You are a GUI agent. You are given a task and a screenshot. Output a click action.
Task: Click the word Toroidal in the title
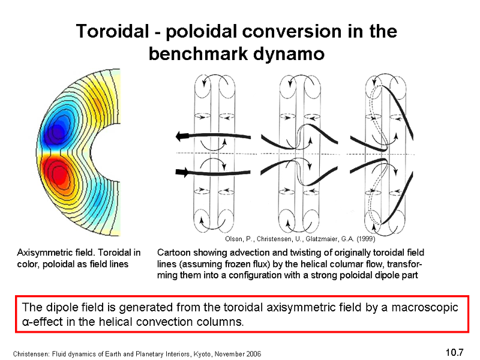[112, 31]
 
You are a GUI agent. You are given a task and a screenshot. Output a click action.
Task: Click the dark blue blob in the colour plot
[57, 130]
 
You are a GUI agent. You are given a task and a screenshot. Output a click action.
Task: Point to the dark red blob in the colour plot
[58, 173]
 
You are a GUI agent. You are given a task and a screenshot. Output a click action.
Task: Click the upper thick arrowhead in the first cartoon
[182, 136]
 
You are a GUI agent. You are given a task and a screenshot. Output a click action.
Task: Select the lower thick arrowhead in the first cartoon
[182, 172]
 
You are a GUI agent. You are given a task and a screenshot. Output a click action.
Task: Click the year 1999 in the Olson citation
[365, 239]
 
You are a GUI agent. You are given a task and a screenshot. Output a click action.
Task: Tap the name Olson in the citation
[233, 239]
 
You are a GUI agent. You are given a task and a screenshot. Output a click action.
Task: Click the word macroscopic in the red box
[425, 307]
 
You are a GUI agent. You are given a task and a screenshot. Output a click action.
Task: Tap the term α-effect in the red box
[43, 322]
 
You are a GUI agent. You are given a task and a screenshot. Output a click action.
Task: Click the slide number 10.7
[455, 352]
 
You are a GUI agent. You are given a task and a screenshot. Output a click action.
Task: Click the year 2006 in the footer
[254, 354]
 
